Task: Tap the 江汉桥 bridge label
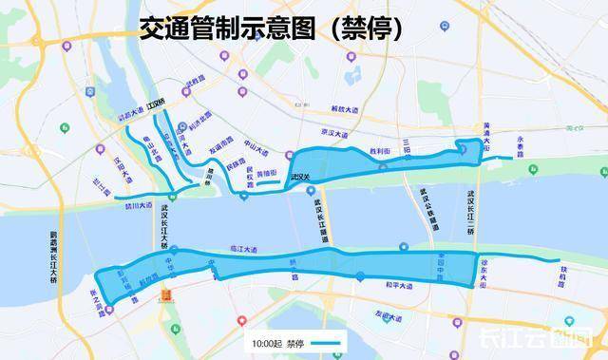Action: click(155, 103)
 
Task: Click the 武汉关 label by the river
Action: click(301, 177)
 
